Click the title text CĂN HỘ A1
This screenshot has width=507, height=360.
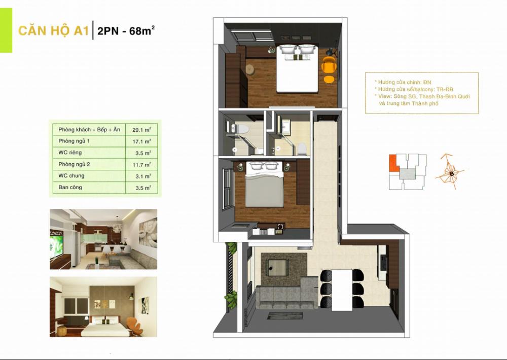pos(53,31)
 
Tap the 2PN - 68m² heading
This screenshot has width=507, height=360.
pos(126,31)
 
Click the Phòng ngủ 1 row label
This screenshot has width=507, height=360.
pos(74,141)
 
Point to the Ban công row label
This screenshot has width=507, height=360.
pos(70,187)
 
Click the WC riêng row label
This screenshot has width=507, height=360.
pos(70,153)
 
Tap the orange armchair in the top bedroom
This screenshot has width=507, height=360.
pos(329,65)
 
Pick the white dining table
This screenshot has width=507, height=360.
pos(342,288)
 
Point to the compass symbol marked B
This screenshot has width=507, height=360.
pos(450,173)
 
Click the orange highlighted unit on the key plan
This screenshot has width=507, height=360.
pos(392,163)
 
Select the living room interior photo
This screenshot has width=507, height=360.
pos(103,239)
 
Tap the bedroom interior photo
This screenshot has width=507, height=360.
pos(103,307)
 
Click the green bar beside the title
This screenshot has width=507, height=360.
pos(6,31)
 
